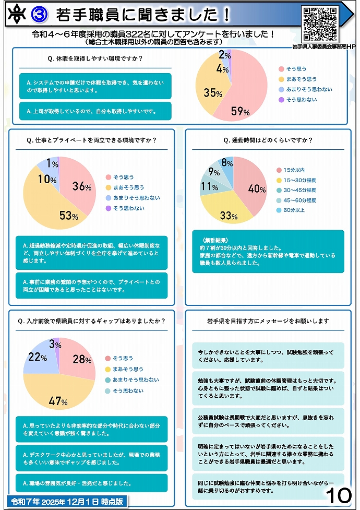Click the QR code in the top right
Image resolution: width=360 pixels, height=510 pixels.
(x=320, y=24)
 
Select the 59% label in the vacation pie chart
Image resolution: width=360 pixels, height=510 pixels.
(x=241, y=111)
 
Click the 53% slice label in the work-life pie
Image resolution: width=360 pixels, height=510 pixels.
(x=68, y=215)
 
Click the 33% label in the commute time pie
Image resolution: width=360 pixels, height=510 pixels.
(x=229, y=215)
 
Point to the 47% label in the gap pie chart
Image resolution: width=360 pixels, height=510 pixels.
(x=58, y=401)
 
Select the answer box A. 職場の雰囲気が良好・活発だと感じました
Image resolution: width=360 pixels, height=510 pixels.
(x=91, y=483)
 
